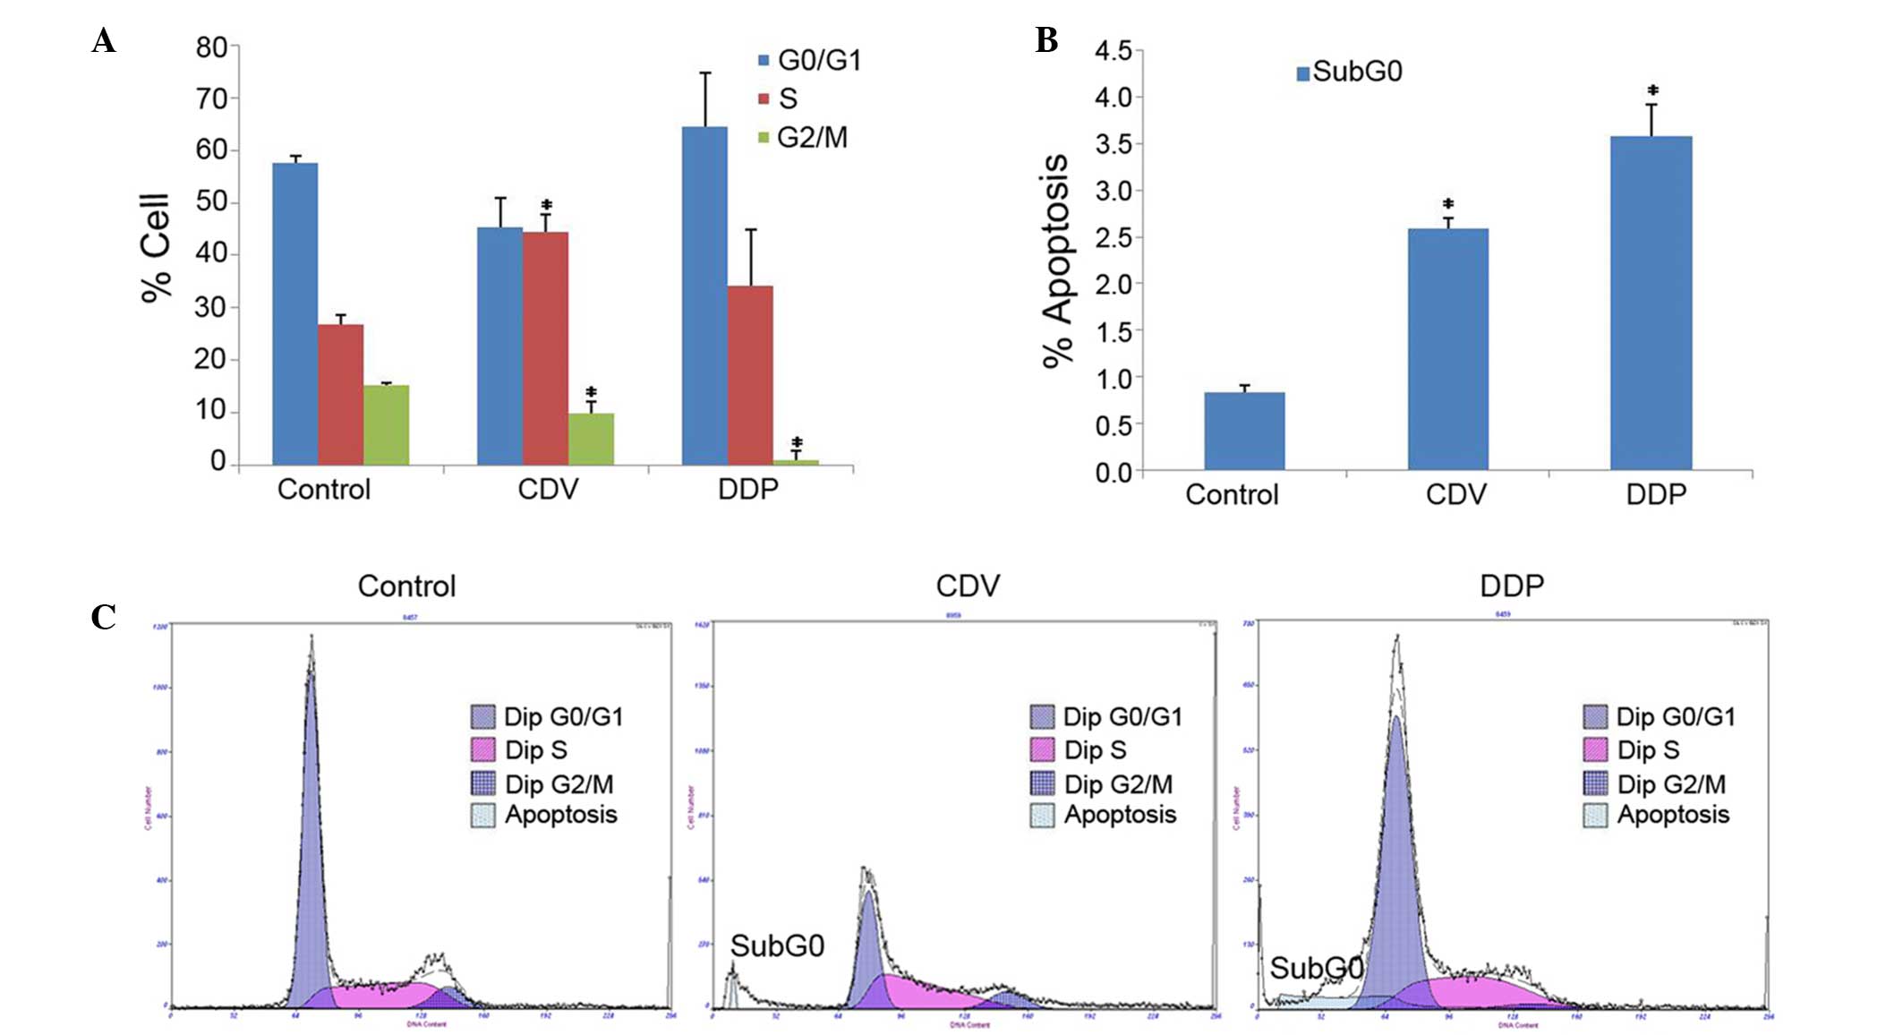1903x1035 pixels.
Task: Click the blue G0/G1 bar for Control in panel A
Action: (x=294, y=313)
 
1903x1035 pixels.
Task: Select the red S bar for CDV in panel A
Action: (x=545, y=348)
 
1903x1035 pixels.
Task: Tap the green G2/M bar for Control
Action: (x=386, y=424)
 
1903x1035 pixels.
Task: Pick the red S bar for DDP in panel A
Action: (x=750, y=375)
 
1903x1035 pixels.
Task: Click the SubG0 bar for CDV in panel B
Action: (x=1447, y=349)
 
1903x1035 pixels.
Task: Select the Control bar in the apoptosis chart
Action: (x=1243, y=431)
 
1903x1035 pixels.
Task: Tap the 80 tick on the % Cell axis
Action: (x=212, y=47)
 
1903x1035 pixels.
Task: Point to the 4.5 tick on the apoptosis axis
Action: (x=1113, y=51)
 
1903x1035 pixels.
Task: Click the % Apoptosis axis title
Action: (x=1057, y=261)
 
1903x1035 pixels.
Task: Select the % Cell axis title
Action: (x=156, y=248)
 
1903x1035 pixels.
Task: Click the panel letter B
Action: (x=1046, y=40)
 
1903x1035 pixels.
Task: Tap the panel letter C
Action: (x=104, y=617)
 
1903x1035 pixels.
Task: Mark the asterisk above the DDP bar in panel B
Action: (x=1652, y=90)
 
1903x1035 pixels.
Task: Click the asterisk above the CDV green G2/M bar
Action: (x=591, y=392)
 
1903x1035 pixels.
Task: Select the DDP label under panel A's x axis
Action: (x=748, y=490)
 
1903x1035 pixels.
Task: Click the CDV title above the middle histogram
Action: (x=968, y=586)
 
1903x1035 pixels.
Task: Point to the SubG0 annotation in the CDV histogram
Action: (x=777, y=945)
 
